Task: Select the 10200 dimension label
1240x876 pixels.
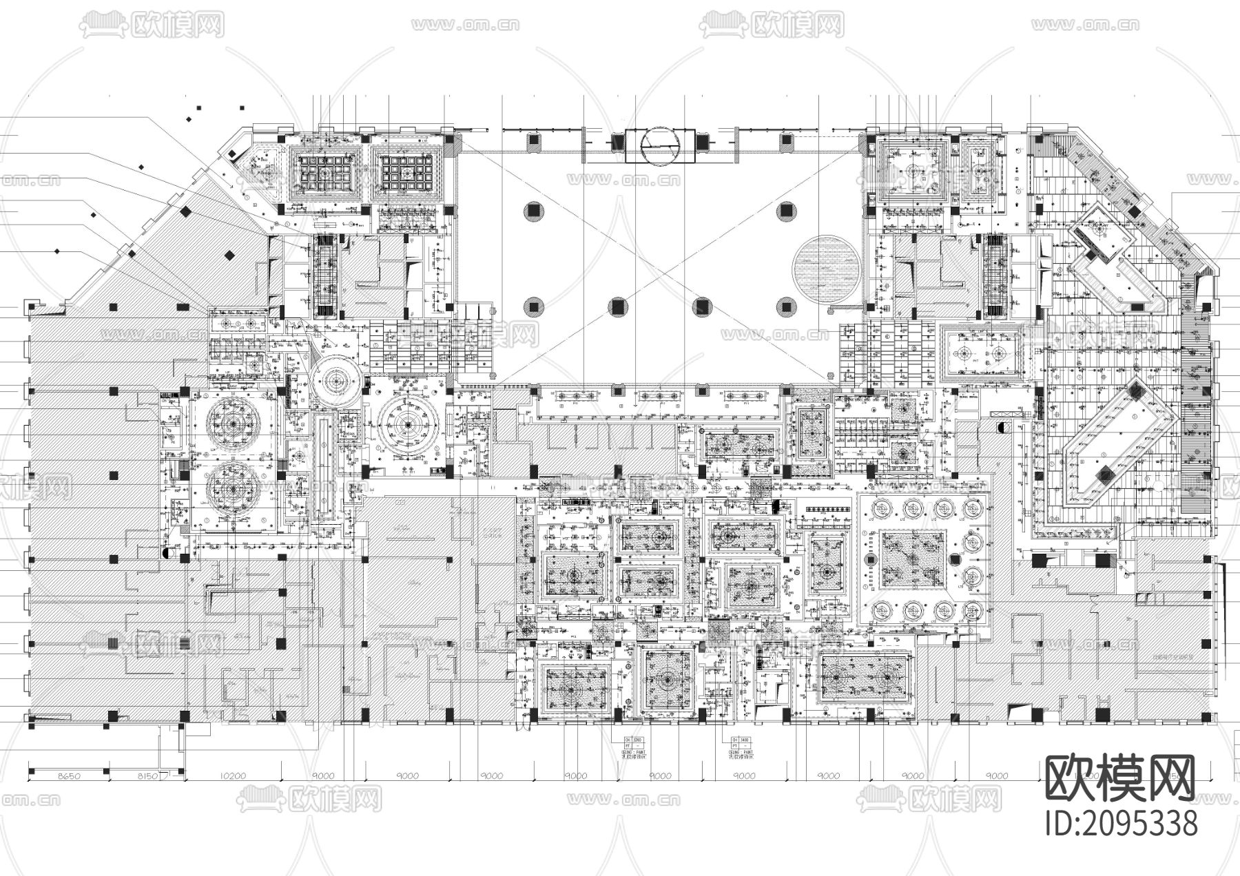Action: [x=232, y=776]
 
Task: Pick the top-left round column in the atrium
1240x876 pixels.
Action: [x=534, y=211]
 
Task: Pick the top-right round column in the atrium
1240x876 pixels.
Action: [x=786, y=211]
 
